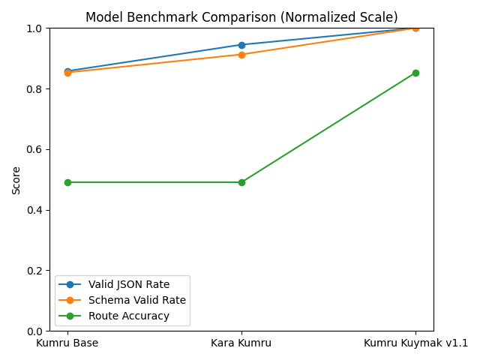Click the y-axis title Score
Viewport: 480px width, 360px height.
tap(16, 180)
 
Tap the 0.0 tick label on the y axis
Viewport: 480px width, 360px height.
tap(34, 331)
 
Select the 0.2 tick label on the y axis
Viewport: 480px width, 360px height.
tap(34, 270)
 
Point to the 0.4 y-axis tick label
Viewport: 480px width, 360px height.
tap(34, 210)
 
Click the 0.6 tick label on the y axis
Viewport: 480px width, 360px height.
tap(34, 149)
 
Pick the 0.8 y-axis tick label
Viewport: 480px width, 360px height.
tap(34, 88)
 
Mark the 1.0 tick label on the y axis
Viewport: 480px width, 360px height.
tap(34, 28)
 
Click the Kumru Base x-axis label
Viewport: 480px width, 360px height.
tap(67, 343)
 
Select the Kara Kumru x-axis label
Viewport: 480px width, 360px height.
tap(241, 343)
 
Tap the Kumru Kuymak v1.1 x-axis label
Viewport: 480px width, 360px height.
tap(415, 343)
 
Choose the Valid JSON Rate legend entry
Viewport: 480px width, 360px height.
tap(128, 284)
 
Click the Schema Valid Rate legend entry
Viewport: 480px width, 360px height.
tap(136, 300)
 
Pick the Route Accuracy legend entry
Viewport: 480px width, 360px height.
tap(128, 316)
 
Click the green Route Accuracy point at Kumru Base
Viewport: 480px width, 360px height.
tap(67, 182)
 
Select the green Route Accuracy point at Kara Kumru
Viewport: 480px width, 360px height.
tap(241, 182)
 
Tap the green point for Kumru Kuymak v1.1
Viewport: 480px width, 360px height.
tap(415, 73)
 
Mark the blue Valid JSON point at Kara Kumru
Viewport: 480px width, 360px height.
tap(241, 45)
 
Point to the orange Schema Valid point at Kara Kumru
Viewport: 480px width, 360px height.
tap(241, 55)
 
